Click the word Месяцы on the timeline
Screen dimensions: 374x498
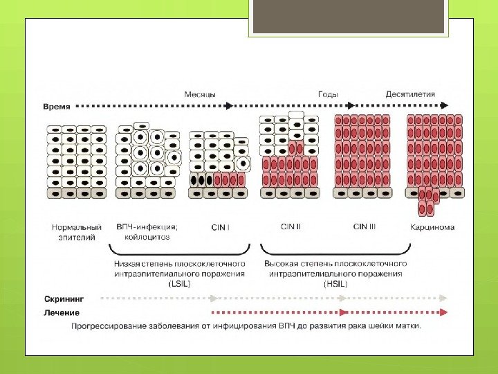pyautogui.click(x=200, y=94)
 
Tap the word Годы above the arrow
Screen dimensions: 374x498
pyautogui.click(x=328, y=94)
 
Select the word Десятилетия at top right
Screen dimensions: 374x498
pyautogui.click(x=411, y=94)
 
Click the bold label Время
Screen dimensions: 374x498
pyautogui.click(x=55, y=107)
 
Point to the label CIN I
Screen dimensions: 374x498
pyautogui.click(x=219, y=226)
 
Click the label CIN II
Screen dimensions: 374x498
pyautogui.click(x=291, y=226)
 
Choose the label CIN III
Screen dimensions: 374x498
pyautogui.click(x=365, y=226)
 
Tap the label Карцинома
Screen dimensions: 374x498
pyautogui.click(x=432, y=227)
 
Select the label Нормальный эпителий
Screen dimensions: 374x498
pyautogui.click(x=77, y=231)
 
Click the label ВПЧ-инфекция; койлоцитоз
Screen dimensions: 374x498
pyautogui.click(x=147, y=231)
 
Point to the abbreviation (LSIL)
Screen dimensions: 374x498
pyautogui.click(x=178, y=283)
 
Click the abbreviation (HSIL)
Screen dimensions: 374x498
pyautogui.click(x=336, y=283)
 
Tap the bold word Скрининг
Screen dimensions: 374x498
pyautogui.click(x=64, y=299)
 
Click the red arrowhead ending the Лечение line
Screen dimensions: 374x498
pyautogui.click(x=443, y=312)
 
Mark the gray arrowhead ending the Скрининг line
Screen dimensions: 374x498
pyautogui.click(x=443, y=299)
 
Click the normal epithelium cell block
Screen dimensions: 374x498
pyautogui.click(x=76, y=161)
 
